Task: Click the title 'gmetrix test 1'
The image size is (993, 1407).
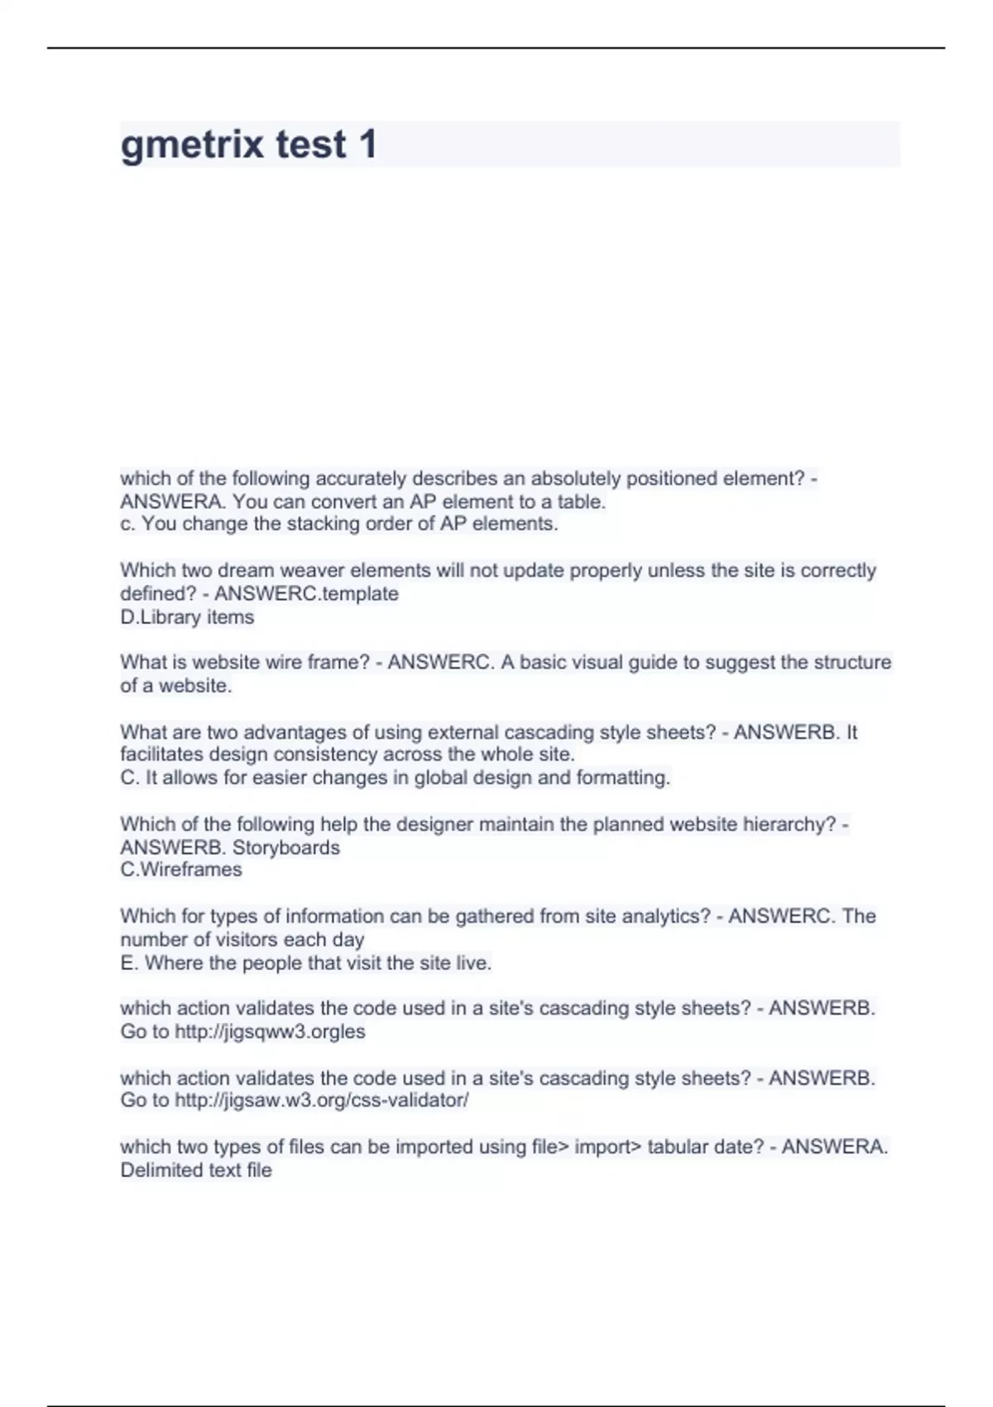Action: click(x=248, y=144)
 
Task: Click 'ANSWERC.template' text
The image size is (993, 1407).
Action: click(x=306, y=593)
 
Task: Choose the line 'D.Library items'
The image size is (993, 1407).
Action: click(x=187, y=617)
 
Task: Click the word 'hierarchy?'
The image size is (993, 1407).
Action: click(x=789, y=824)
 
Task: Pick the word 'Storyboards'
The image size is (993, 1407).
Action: click(x=285, y=848)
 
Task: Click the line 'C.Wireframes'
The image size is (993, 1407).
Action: click(x=181, y=869)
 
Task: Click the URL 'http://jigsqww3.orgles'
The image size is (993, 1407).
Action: click(x=270, y=1031)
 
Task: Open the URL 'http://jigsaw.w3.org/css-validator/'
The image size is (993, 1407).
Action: click(x=322, y=1100)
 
